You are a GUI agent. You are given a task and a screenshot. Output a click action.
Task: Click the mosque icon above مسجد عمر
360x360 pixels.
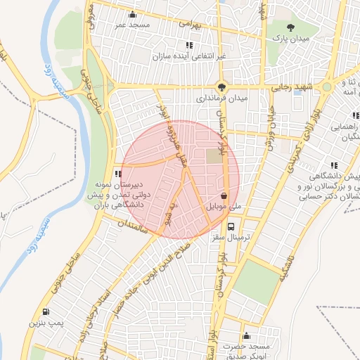(x=132, y=14)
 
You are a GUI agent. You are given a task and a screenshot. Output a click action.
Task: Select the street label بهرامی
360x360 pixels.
(x=190, y=24)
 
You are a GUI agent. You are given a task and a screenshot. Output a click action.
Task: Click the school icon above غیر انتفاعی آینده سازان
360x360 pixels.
(x=189, y=45)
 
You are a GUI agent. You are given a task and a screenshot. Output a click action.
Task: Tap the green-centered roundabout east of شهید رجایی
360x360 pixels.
(x=326, y=88)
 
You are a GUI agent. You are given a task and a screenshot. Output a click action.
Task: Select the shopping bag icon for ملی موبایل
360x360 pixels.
(x=224, y=196)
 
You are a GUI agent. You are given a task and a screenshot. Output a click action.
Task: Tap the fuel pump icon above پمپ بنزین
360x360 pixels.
(x=46, y=311)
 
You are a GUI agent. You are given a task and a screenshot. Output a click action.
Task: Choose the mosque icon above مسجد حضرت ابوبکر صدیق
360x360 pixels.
(x=246, y=336)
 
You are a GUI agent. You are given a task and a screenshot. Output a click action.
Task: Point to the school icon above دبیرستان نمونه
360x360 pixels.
(x=119, y=174)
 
